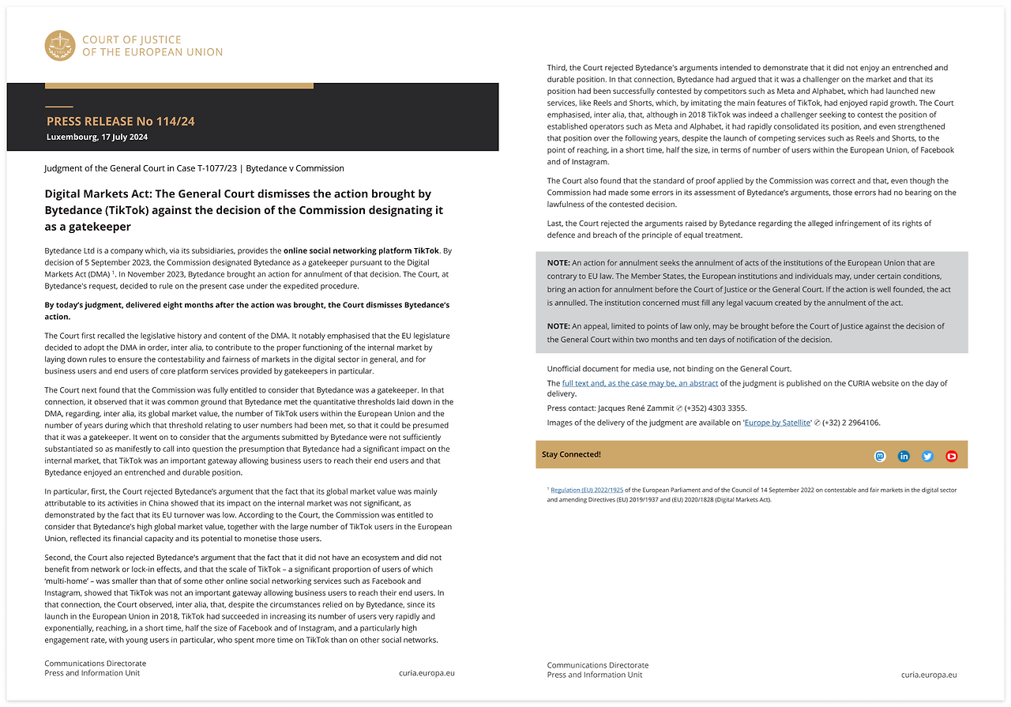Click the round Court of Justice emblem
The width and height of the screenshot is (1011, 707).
click(60, 46)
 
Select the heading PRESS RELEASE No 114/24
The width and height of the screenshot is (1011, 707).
click(120, 122)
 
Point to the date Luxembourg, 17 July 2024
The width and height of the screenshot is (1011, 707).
click(97, 137)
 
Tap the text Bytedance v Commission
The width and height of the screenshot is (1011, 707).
click(295, 168)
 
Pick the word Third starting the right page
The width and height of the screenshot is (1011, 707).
click(557, 68)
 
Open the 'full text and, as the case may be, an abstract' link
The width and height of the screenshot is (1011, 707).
click(640, 383)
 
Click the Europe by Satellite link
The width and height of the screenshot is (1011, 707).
click(778, 423)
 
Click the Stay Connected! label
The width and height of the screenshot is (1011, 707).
click(571, 455)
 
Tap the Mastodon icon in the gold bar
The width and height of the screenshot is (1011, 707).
click(880, 456)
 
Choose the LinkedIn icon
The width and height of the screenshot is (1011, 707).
click(904, 456)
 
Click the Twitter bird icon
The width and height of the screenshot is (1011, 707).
click(927, 456)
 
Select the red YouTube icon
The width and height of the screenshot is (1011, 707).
click(951, 456)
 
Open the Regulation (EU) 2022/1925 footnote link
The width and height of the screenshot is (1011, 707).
click(587, 490)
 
